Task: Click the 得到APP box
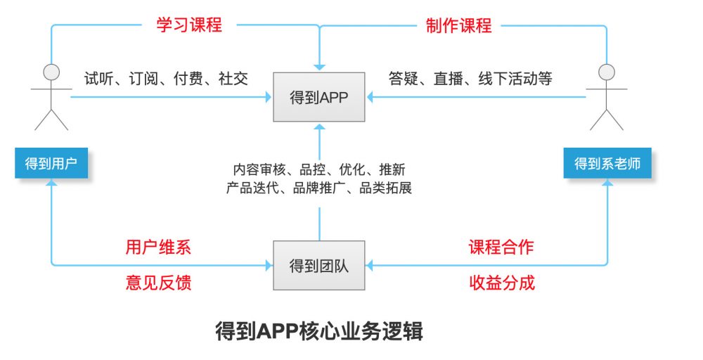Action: pos(319,97)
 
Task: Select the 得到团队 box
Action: pos(319,266)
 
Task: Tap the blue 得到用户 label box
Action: pos(51,164)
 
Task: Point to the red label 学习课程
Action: pos(189,25)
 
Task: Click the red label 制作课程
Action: pos(459,25)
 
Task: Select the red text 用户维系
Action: pos(158,247)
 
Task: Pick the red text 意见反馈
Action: pos(158,283)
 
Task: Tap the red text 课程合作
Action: pos(501,247)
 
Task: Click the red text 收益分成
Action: pos(501,283)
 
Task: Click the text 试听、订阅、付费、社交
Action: pos(166,78)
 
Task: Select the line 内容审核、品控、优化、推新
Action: pos(319,169)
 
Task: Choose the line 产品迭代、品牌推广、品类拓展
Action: pos(319,188)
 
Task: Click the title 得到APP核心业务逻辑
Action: pos(319,331)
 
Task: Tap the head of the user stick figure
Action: pos(51,71)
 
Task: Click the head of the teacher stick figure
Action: pos(607,71)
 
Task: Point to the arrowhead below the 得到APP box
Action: pos(319,128)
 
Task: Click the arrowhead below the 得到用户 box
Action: pos(51,184)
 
